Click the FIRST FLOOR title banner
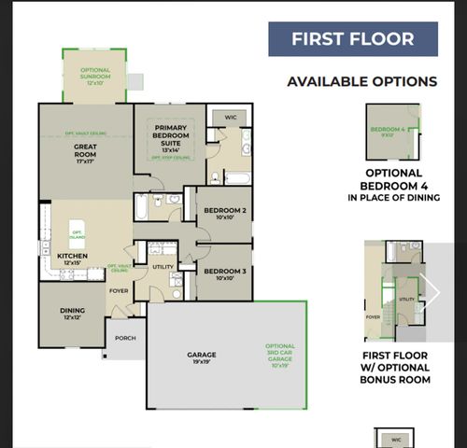[353, 39]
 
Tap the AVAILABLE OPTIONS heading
[361, 82]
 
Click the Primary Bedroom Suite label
[170, 139]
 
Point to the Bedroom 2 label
[225, 215]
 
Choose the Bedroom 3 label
[225, 273]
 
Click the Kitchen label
[72, 259]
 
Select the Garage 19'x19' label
[201, 357]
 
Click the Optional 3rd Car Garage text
[280, 355]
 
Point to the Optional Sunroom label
[96, 76]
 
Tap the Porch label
[124, 338]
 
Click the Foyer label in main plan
[119, 290]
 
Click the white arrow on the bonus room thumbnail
[431, 292]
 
